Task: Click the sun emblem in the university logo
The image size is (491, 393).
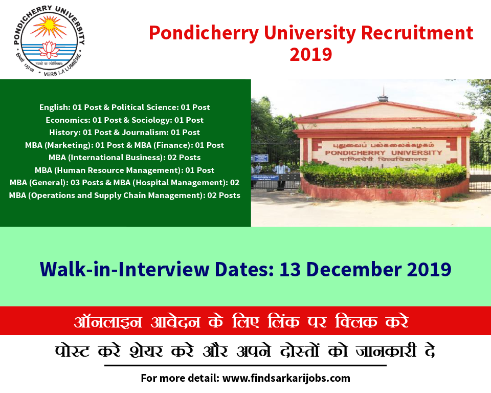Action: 49,27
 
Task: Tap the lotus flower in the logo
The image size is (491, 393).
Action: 49,50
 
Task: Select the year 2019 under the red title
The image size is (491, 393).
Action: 310,54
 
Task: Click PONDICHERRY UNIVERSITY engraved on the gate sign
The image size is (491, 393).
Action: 383,152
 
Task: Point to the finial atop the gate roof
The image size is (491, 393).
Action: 383,95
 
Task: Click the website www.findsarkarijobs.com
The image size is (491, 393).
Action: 286,378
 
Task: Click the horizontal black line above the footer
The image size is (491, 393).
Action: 245,365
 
